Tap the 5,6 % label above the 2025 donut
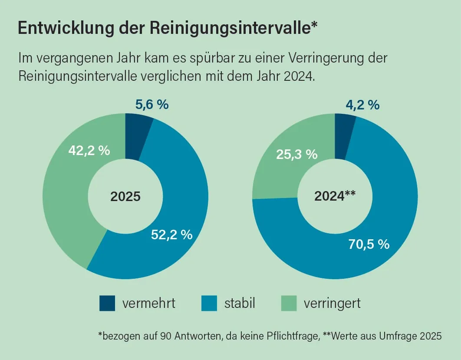click(x=152, y=104)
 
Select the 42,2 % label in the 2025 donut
click(x=89, y=151)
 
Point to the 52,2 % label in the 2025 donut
click(x=172, y=234)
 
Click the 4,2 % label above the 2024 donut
click(x=362, y=105)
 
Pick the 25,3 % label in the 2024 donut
click(x=297, y=154)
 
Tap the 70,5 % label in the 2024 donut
click(x=369, y=244)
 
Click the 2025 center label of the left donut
click(x=125, y=196)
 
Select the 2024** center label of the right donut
click(x=335, y=196)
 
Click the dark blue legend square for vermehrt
click(x=107, y=303)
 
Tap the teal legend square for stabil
click(x=209, y=303)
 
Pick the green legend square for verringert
click(x=289, y=303)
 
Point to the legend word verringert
click(x=332, y=303)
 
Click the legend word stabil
click(x=240, y=303)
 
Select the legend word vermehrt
click(x=149, y=303)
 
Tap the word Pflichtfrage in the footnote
click(x=293, y=336)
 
